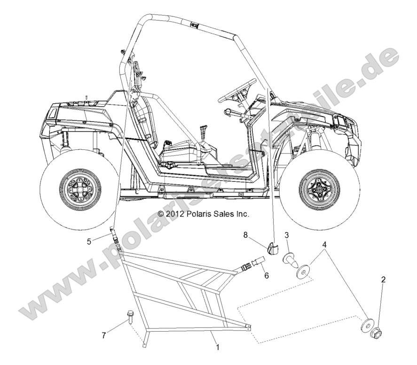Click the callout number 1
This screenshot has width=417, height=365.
pos(217,348)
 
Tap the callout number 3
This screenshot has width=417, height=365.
pos(286,234)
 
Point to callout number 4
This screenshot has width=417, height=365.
pos(324,244)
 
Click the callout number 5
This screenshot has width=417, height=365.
pos(88,242)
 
